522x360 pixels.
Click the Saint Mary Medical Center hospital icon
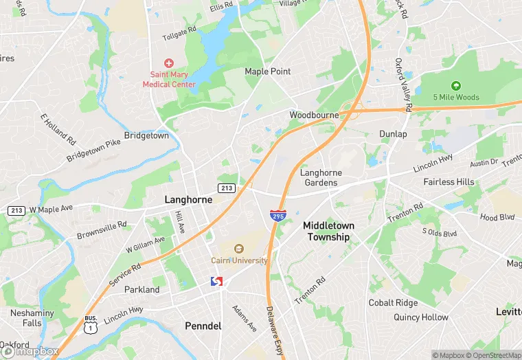point(168,63)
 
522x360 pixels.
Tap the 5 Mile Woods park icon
point(456,85)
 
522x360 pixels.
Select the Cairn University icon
point(239,249)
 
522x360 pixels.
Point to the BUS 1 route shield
point(90,324)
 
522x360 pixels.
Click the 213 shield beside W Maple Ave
point(16,210)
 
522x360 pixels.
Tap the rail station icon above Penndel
point(216,282)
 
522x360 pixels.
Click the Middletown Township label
point(327,231)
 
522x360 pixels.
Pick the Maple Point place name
point(268,71)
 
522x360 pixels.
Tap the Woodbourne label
point(314,115)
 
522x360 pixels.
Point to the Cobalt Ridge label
point(393,303)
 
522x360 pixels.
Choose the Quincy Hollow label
point(420,317)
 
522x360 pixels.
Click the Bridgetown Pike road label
point(93,150)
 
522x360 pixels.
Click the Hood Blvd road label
point(497,217)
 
